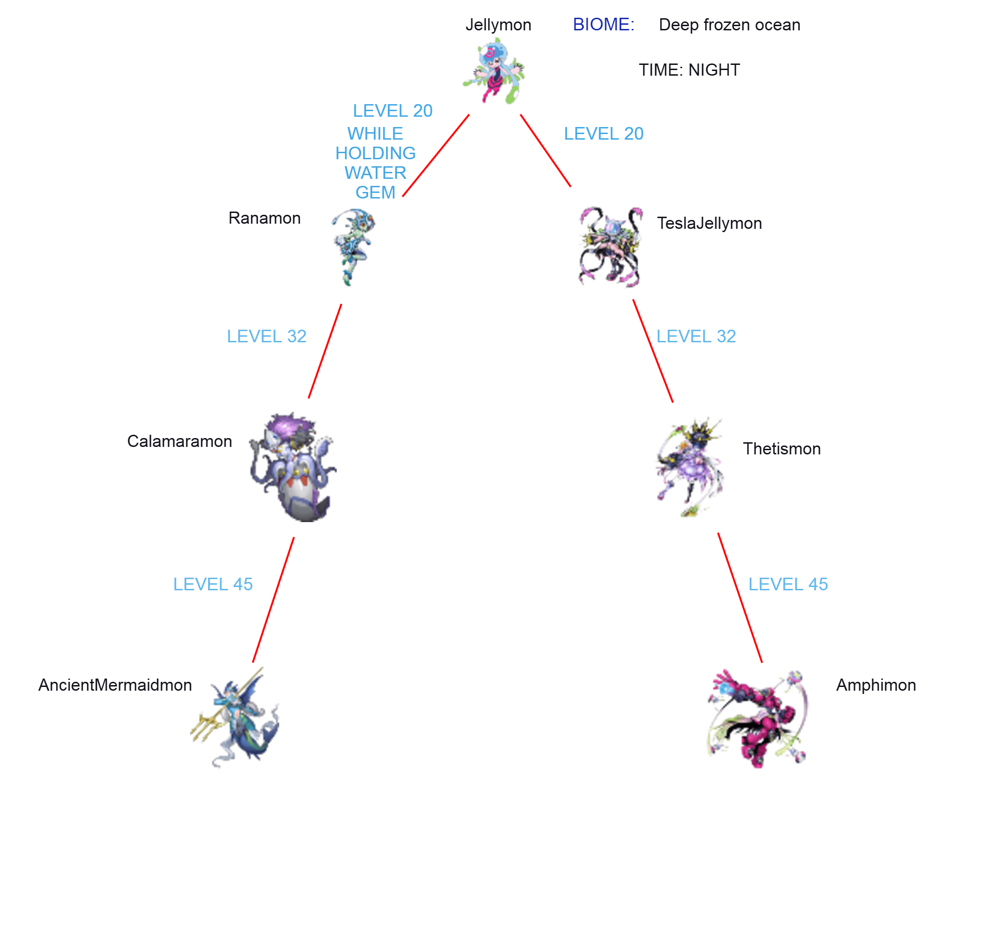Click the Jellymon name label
tap(498, 25)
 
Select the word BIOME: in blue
tap(603, 24)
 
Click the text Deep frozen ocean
tap(729, 25)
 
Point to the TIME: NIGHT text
tap(689, 70)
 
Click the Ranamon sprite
tap(353, 247)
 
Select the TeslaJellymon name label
tap(709, 223)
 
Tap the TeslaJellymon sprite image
tap(610, 247)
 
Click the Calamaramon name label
tap(180, 441)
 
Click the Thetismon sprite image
tap(689, 467)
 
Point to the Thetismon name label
tap(782, 449)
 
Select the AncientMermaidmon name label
tap(115, 685)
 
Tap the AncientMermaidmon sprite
tap(235, 717)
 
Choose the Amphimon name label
tap(875, 685)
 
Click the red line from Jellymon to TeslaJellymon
tap(545, 151)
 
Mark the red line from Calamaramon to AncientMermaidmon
tap(273, 600)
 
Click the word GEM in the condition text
tap(375, 193)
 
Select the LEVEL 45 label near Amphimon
tap(788, 584)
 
